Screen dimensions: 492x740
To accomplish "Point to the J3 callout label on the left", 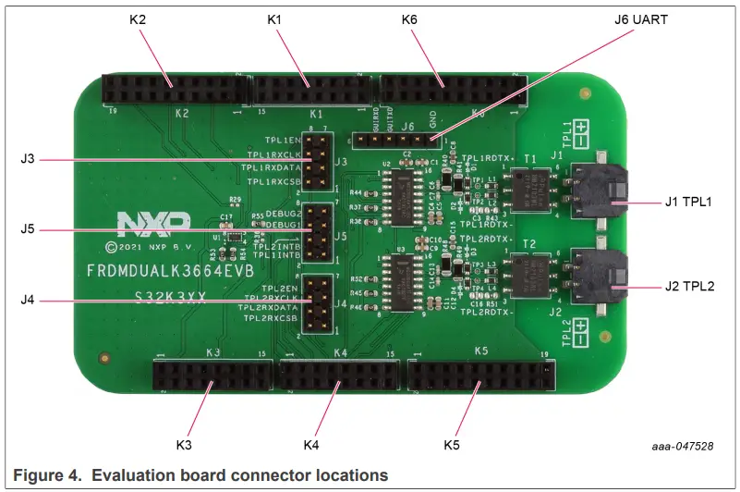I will point(27,159).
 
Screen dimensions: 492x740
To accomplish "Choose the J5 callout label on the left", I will point(27,229).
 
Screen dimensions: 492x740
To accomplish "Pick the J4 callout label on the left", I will point(27,300).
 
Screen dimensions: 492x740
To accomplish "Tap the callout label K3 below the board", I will point(182,446).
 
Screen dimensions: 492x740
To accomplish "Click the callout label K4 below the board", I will point(311,446).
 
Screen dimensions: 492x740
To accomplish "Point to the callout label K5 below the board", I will point(451,446).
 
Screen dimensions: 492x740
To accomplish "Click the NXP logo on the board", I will point(153,224).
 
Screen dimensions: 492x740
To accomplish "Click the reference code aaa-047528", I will point(679,447).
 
